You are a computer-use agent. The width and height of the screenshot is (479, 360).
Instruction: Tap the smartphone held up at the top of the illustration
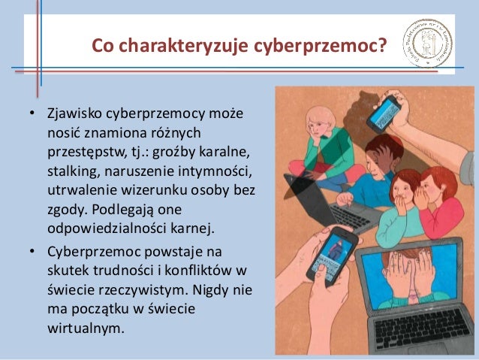[384, 115]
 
